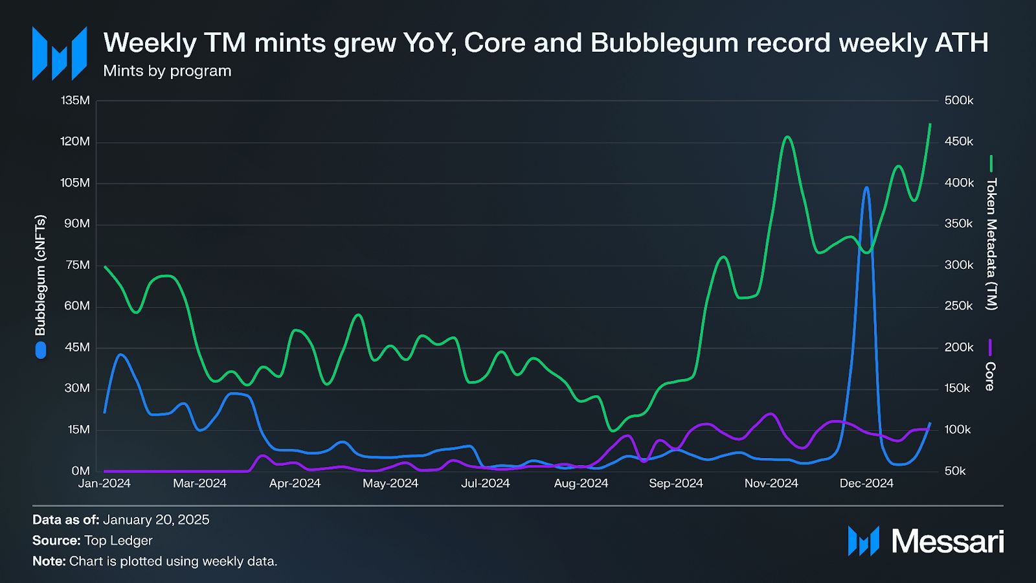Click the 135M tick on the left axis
tap(75, 100)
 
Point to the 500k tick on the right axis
tap(959, 100)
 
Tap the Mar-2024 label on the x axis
tap(199, 483)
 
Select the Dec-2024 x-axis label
tap(866, 483)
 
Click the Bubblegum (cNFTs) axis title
tap(40, 275)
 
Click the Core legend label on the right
tap(989, 376)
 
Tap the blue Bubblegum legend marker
tap(41, 350)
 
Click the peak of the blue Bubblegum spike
tap(866, 188)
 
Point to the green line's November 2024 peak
tap(787, 137)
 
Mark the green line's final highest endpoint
tap(930, 124)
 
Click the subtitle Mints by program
tap(167, 71)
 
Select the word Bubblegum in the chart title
tap(664, 43)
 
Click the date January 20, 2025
tap(156, 520)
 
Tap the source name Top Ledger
tap(118, 540)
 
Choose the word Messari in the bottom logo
tap(948, 541)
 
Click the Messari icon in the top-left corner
tap(60, 53)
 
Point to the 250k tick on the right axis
tap(959, 306)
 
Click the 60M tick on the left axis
tap(76, 306)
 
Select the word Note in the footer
tap(49, 561)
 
